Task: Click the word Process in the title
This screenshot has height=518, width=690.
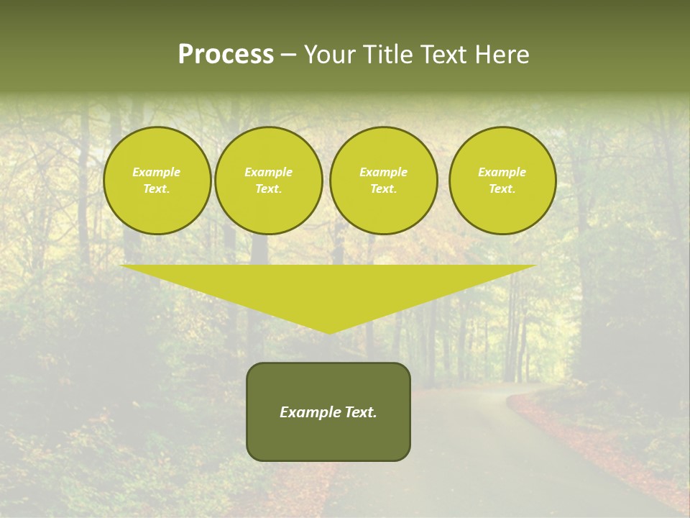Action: [226, 55]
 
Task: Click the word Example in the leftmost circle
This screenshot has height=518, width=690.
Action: [157, 172]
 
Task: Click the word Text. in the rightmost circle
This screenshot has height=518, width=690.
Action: [502, 188]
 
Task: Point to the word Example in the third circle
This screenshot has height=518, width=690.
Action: [383, 172]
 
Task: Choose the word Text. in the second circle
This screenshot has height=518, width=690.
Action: [269, 188]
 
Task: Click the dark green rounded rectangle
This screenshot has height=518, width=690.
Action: [328, 439]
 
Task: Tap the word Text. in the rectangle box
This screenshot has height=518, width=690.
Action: [361, 412]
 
